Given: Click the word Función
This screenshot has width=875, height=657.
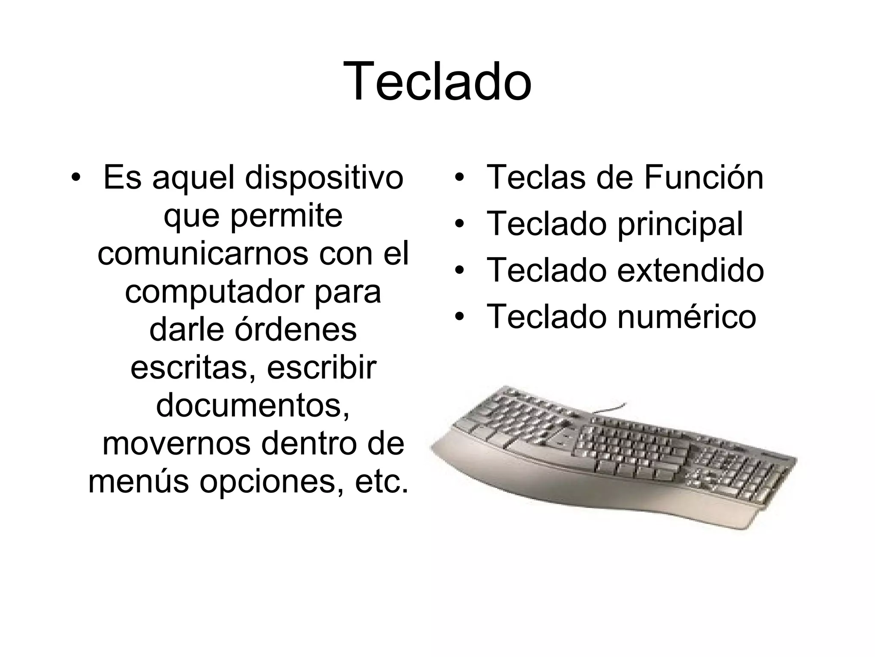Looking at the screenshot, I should point(703,178).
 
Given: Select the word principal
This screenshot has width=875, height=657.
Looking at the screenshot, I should point(680,225).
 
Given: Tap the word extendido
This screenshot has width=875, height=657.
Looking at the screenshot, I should point(690,271).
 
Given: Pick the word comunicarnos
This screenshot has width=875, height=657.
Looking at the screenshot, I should point(203,254).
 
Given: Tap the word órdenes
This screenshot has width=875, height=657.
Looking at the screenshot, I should point(296,330).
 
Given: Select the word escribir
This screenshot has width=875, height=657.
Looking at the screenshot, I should point(322,368).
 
